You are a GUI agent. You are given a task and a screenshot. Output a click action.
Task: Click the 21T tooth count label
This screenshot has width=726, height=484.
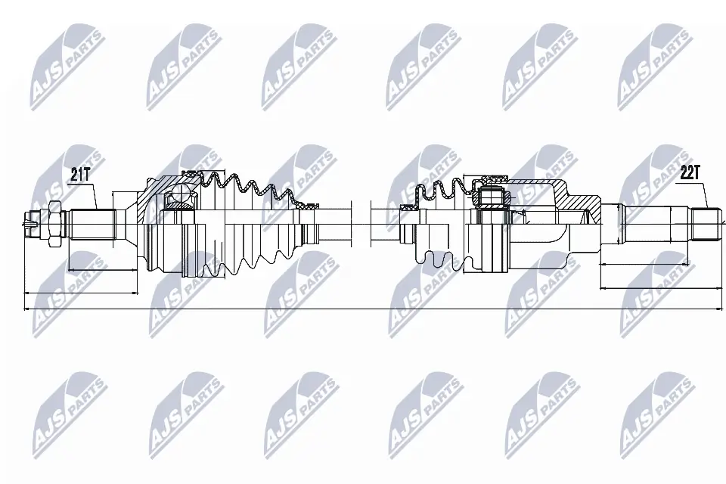[80, 175]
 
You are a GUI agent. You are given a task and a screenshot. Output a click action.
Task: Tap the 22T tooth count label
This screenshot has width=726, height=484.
[690, 173]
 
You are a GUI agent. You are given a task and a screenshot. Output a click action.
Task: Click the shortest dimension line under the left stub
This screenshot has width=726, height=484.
[103, 269]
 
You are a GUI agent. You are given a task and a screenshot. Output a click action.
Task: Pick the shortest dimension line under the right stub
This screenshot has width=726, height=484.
[644, 264]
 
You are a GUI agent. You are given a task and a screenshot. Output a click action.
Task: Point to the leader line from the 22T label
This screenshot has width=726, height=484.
[703, 196]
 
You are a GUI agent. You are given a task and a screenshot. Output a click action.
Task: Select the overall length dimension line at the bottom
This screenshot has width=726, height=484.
[363, 309]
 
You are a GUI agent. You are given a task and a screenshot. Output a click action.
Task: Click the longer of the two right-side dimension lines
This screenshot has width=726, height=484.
[658, 288]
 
